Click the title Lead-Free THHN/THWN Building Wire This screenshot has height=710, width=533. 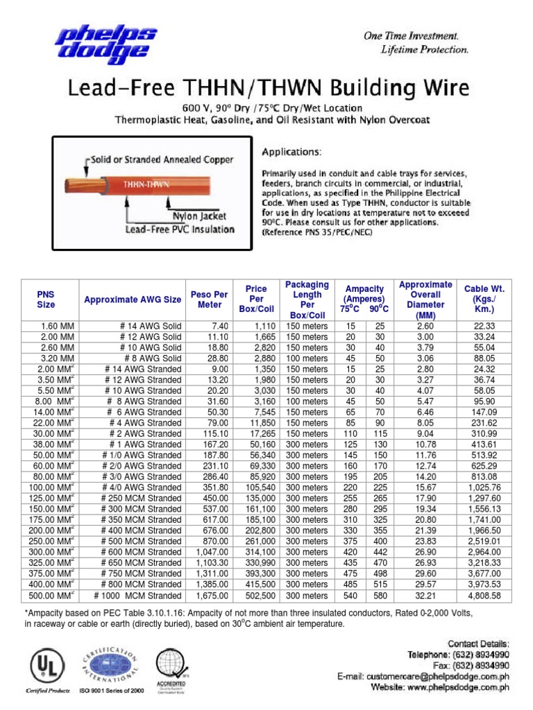(268, 88)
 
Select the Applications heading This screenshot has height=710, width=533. (291, 150)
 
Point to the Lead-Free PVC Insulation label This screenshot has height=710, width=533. (180, 229)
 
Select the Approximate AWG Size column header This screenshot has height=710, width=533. (133, 300)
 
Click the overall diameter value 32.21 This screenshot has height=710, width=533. (425, 596)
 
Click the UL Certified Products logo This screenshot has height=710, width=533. (43, 667)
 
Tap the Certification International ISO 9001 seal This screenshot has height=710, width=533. (111, 666)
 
